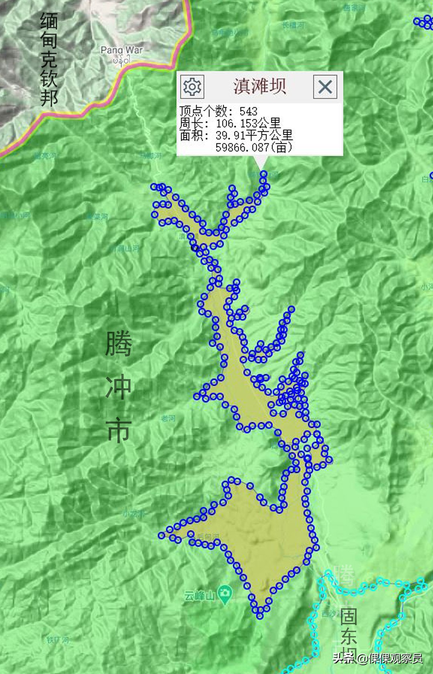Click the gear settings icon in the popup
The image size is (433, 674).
(x=192, y=87)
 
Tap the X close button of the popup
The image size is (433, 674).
(x=325, y=87)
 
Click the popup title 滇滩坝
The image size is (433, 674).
(x=259, y=87)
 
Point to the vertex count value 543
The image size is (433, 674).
(x=248, y=111)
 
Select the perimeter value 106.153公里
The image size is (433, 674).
(x=248, y=123)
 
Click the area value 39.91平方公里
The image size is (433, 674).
(x=254, y=135)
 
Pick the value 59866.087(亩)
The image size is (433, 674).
(x=254, y=147)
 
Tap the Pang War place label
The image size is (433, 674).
(x=121, y=50)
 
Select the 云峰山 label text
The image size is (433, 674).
(x=200, y=596)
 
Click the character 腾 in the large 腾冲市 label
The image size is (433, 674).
(x=119, y=344)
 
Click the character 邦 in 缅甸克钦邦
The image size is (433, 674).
(x=49, y=97)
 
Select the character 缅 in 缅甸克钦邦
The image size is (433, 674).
(x=49, y=21)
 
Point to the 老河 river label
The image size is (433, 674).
(x=168, y=418)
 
